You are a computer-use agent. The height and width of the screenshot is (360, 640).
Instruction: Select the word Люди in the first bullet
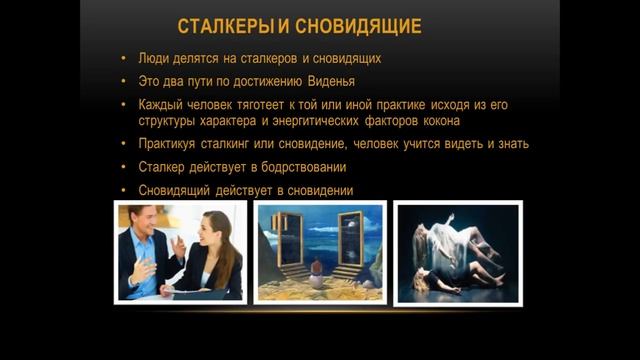[156, 59]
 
